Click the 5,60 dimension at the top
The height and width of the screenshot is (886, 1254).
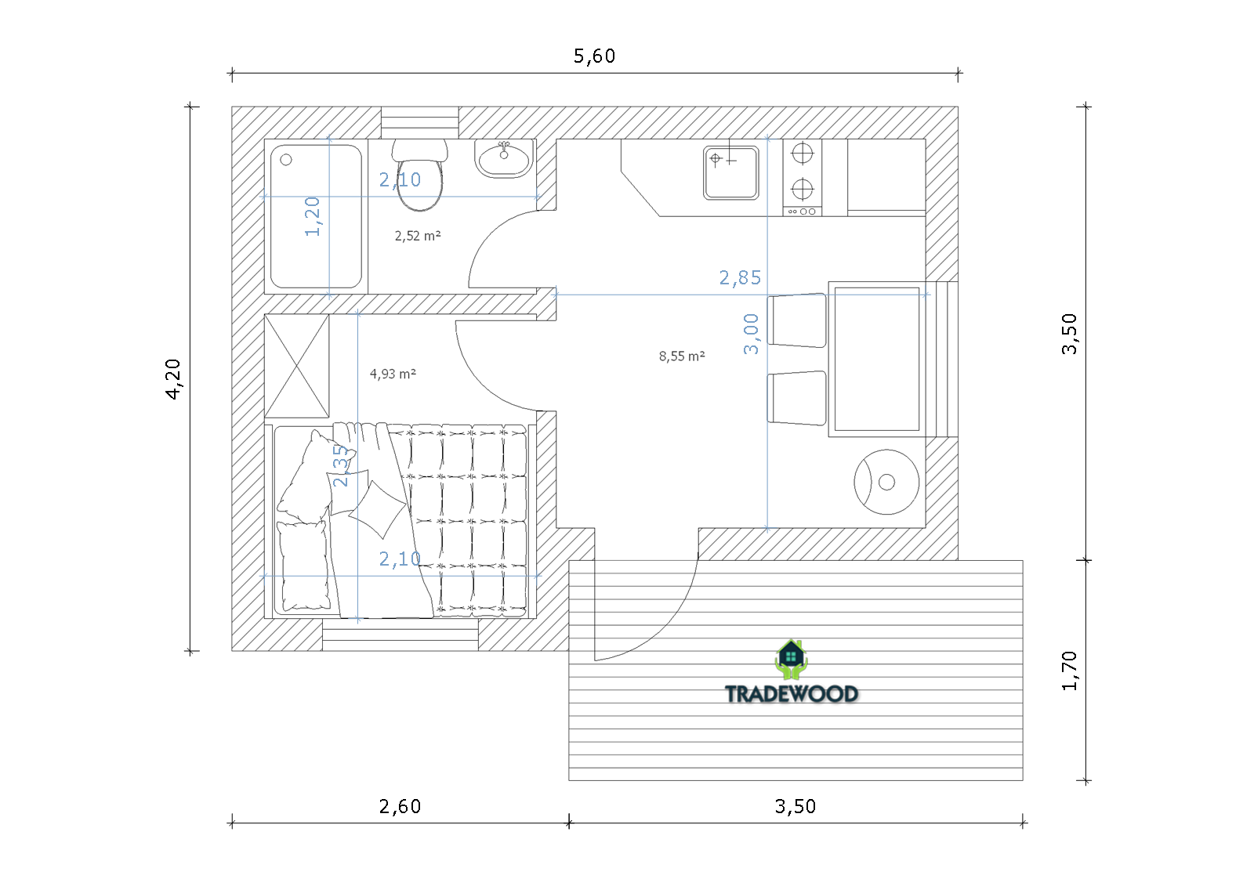(x=594, y=56)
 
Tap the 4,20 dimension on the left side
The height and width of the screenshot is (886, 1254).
(x=173, y=379)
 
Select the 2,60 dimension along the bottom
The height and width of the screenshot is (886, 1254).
(x=400, y=807)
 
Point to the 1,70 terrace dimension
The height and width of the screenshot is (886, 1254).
(x=1069, y=671)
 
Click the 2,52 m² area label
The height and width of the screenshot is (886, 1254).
(x=418, y=236)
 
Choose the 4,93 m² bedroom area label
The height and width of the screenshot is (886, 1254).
(x=393, y=374)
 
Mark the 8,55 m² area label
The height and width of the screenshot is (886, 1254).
(x=681, y=356)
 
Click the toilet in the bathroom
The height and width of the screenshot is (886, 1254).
(x=420, y=175)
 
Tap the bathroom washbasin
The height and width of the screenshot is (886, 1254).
(x=504, y=158)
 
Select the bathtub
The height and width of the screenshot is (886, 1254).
(x=316, y=216)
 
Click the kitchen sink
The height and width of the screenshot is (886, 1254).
(x=731, y=173)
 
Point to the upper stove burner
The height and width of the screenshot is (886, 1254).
(x=803, y=153)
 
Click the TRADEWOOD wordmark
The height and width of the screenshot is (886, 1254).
(x=792, y=694)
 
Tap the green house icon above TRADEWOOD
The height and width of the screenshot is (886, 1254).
(x=791, y=659)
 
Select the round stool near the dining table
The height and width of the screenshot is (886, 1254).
(x=886, y=482)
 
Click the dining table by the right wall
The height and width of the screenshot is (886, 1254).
(x=877, y=359)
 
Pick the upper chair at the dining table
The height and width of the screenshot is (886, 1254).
(x=796, y=320)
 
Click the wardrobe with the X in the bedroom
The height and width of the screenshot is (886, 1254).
(x=297, y=366)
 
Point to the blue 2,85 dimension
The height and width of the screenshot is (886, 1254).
(x=740, y=277)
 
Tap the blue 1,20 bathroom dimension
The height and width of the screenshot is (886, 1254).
(x=313, y=216)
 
